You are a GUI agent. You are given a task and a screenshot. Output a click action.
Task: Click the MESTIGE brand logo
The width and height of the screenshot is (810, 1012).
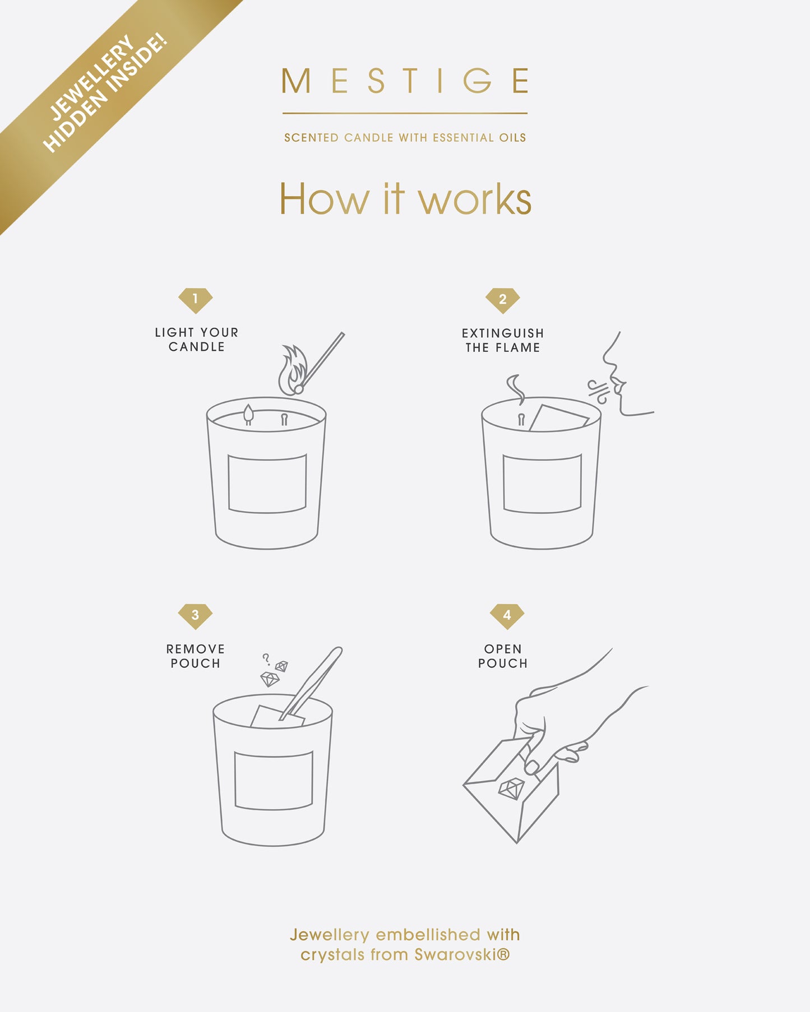pos(405,81)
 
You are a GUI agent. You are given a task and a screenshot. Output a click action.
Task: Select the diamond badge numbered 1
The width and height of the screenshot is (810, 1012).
pos(195,300)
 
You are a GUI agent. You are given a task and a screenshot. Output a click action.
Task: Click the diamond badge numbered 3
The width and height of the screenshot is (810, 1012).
pos(195,616)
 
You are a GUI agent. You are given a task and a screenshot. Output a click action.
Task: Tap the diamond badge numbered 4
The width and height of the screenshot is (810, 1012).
pos(507,616)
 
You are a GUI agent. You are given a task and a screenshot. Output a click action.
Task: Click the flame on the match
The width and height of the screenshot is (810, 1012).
pos(293,370)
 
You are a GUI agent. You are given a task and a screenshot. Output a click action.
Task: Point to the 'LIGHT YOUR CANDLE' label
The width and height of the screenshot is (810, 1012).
pos(197,340)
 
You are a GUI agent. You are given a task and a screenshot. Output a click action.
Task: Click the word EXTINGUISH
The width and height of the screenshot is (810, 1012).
pos(503,333)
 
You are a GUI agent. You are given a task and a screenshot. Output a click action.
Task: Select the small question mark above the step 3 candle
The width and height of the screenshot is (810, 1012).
pos(266,658)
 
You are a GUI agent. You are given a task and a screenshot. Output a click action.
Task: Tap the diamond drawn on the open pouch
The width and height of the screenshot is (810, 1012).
pos(511,789)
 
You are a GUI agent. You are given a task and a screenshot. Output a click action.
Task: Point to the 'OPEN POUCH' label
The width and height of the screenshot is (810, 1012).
pos(503,656)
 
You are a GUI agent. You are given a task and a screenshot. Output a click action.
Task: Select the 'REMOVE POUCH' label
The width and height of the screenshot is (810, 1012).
pos(195,656)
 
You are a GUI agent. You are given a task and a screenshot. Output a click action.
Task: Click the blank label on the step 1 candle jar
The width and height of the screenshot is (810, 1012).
pos(267,484)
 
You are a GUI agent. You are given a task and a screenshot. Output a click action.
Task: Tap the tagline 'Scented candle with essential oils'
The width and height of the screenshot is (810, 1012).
pos(405,138)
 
